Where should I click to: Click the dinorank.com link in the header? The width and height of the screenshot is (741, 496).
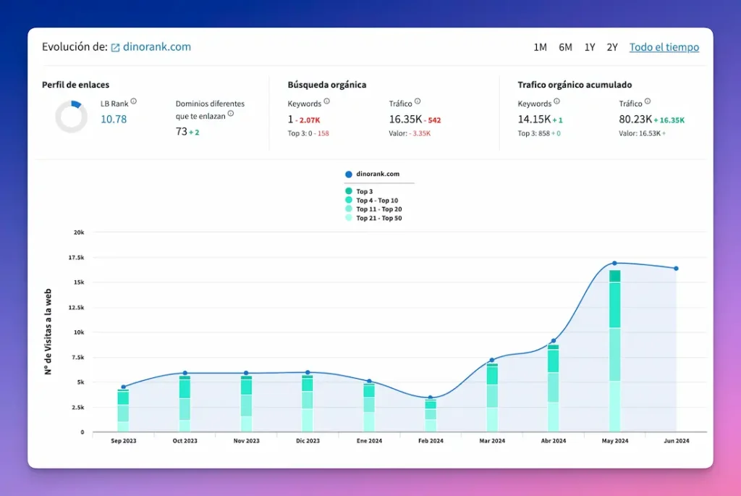click(x=157, y=47)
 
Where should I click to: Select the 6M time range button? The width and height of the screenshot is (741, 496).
click(x=565, y=47)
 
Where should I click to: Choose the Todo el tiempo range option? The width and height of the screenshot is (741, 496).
click(x=664, y=47)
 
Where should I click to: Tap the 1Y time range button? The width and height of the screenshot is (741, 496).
click(x=590, y=47)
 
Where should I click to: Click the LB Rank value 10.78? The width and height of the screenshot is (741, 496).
click(x=114, y=119)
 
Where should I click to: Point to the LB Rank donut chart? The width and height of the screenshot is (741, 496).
click(x=71, y=117)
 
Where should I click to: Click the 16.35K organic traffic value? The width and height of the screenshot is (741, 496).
click(x=405, y=119)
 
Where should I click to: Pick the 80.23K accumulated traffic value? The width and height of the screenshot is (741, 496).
click(x=635, y=119)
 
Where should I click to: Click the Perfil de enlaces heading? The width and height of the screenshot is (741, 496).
click(x=75, y=85)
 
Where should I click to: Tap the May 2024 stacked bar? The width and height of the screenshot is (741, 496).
click(x=614, y=350)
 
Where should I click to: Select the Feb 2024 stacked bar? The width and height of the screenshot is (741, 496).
click(x=431, y=415)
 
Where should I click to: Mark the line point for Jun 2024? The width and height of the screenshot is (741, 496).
click(x=676, y=269)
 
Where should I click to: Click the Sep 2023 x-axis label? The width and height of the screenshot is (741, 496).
click(x=123, y=441)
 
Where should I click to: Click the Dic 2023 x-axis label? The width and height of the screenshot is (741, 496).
click(x=308, y=441)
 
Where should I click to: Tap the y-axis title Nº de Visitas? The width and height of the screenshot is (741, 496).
click(x=48, y=333)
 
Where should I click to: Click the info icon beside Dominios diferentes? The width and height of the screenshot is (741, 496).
click(x=231, y=113)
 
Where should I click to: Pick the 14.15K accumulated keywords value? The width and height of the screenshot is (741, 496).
click(x=533, y=119)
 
